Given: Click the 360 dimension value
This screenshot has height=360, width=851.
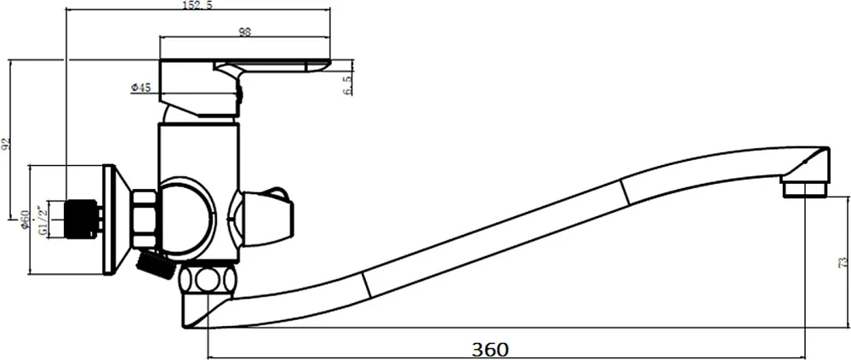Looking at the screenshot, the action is [x=490, y=349].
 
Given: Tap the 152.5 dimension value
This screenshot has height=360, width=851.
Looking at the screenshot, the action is [x=198, y=5].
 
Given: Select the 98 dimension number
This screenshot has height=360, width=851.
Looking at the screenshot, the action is [x=245, y=31].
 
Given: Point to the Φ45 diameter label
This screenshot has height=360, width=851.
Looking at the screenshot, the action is [x=140, y=88].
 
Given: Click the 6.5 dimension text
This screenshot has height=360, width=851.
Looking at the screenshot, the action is [x=347, y=86].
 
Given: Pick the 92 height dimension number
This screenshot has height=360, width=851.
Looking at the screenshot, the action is [x=6, y=144].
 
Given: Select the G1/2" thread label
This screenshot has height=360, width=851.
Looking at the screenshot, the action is [x=41, y=220].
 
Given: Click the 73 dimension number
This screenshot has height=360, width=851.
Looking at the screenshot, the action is [x=842, y=263].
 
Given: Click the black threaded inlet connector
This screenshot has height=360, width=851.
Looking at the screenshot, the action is [x=80, y=220].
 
